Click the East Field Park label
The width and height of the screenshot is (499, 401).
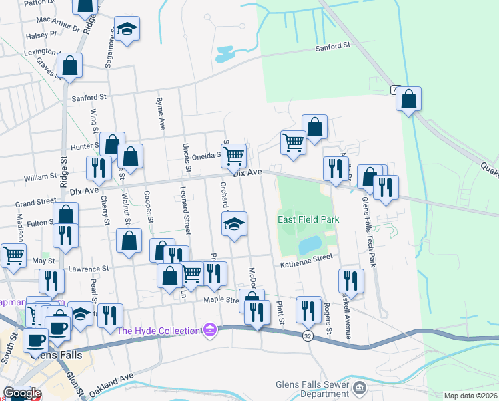click(x=309, y=219)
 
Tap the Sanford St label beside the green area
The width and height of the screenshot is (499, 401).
click(x=337, y=46)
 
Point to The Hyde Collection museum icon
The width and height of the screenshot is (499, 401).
click(x=211, y=330)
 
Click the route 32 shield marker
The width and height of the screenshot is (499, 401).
click(x=307, y=335)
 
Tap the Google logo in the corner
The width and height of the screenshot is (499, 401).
click(x=22, y=394)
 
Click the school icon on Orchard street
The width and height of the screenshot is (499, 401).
click(x=234, y=225)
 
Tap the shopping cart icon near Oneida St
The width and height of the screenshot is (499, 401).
click(x=234, y=156)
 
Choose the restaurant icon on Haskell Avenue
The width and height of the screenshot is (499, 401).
click(x=350, y=281)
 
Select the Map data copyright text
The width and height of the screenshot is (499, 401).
click(x=471, y=396)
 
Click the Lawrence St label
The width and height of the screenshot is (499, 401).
click(x=89, y=269)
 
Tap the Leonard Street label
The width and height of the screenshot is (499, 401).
click(x=186, y=213)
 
